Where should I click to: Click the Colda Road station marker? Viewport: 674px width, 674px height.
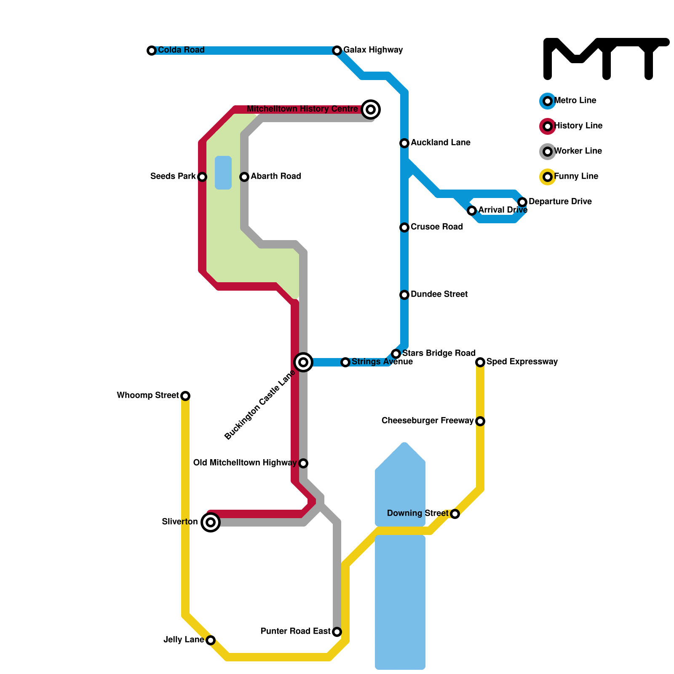point(152,51)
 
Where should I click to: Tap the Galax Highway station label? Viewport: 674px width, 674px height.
point(373,50)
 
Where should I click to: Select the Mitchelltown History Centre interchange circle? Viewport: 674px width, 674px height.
point(371,110)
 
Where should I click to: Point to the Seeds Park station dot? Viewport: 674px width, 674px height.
point(202,177)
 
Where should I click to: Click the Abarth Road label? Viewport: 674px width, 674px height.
point(275,177)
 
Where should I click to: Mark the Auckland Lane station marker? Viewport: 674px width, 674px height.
point(404,143)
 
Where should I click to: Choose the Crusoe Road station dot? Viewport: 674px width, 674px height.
point(404,227)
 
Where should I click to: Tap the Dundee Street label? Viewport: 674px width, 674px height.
point(439,294)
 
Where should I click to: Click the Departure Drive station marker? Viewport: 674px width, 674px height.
point(522,202)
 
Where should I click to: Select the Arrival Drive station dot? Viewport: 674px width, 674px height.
point(472,211)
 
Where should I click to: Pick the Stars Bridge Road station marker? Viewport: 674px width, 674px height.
point(396,354)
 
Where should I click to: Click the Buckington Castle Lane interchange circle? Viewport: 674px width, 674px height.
point(303,362)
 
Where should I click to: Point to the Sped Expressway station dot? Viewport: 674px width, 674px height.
point(480,362)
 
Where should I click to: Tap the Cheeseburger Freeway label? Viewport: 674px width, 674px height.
point(427,421)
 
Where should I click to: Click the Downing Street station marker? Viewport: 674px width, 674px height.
point(455,514)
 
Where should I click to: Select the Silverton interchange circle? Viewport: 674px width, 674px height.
point(211,522)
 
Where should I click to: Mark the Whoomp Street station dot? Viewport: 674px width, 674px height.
point(185,396)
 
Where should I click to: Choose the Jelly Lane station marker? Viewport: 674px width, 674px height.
point(211,640)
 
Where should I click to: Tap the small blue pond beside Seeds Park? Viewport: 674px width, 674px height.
point(223,173)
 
